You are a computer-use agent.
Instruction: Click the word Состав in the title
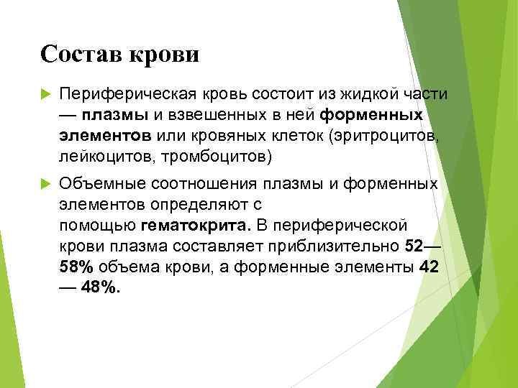point(81,54)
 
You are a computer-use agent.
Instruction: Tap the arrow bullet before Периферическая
point(46,95)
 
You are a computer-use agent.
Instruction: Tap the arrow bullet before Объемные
point(46,183)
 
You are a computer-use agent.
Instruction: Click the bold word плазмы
point(115,115)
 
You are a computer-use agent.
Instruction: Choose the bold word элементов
point(105,135)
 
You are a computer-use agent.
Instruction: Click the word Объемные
point(101,184)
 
